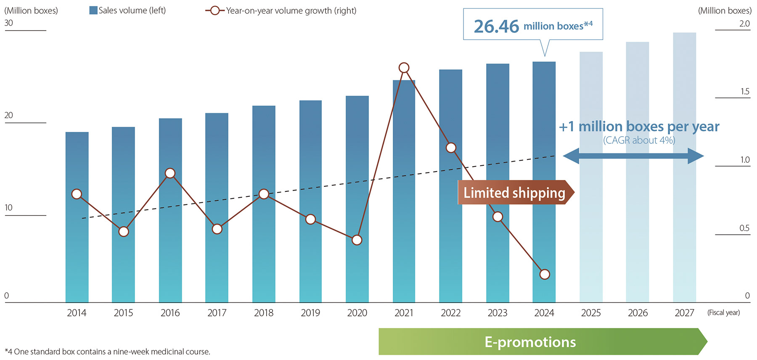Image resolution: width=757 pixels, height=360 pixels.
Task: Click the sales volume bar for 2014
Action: tap(77, 252)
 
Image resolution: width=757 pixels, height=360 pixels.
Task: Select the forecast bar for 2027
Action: tap(684, 168)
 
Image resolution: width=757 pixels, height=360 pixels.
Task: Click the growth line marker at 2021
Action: tap(404, 68)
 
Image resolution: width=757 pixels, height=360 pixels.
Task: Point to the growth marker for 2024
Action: tap(544, 274)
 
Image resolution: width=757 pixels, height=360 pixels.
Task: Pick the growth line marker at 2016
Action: tap(170, 173)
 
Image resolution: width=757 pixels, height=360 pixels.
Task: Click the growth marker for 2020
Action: tap(357, 240)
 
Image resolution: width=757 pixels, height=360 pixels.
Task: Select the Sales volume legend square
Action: tap(93, 10)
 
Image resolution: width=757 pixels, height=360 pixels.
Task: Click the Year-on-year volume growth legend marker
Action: tap(214, 11)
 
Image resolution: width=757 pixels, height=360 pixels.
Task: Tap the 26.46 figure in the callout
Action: tap(496, 26)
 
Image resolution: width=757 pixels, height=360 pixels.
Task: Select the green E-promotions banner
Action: tap(530, 342)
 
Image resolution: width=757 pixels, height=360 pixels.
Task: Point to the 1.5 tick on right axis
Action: tap(745, 91)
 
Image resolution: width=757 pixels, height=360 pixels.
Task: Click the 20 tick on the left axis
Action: tap(8, 115)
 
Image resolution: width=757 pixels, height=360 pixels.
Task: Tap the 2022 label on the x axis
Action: tap(450, 313)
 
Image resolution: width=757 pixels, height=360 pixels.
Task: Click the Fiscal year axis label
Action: tap(723, 312)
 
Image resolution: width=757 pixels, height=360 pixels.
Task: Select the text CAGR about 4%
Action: tap(639, 140)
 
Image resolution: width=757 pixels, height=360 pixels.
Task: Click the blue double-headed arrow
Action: tap(633, 156)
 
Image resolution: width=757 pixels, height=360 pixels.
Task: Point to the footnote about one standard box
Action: tap(107, 352)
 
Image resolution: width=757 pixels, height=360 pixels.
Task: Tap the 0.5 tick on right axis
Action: tap(744, 228)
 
